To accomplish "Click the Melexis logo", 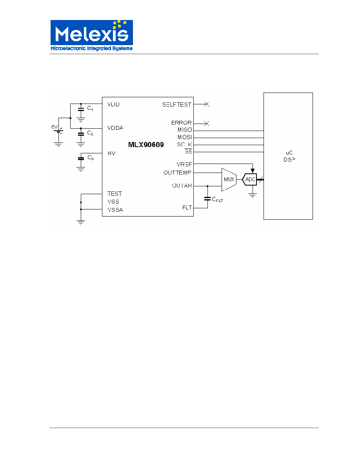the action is coord(91,36).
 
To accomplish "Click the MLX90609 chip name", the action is coord(146,145).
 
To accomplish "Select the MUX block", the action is coord(229,180).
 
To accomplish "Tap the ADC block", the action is coord(250,180).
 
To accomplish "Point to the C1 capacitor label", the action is coord(90,109).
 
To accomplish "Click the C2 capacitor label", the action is coord(90,133).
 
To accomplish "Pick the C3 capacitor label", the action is coord(90,158).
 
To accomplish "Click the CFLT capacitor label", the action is coord(217,199).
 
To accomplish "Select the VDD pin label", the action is coord(113,104).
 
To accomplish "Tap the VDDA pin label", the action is coord(115,128).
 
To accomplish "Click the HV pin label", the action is coord(111,154).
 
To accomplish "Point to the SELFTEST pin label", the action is coord(177,105).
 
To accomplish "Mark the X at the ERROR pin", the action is coord(207,123).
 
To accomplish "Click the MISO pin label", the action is coord(185,130).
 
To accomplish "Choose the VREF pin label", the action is coord(184,164).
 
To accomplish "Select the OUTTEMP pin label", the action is coord(177,173).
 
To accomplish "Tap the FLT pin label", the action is coord(187,208).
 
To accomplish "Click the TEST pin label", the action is coord(115,194).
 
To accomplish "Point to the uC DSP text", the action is coord(289,156).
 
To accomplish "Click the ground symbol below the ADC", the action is coord(253,196).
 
